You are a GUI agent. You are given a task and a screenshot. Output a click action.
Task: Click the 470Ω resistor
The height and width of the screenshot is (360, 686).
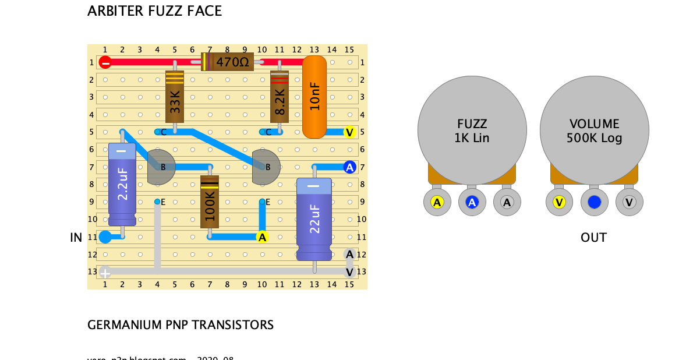pos(228,62)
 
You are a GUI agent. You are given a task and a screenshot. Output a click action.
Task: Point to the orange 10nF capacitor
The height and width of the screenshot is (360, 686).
pos(314,97)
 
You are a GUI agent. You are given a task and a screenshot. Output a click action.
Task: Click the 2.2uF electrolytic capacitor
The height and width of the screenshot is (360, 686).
pos(122,184)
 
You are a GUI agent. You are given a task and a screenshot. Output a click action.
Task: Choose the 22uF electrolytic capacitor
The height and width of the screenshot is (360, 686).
pos(314,219)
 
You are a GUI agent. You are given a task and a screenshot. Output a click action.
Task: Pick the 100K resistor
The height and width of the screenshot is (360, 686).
pos(210,202)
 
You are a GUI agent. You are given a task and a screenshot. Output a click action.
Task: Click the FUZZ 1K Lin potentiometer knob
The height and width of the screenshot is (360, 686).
pos(472,131)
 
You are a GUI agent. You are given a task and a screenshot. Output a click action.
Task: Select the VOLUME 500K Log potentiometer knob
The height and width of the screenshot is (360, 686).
pos(594,131)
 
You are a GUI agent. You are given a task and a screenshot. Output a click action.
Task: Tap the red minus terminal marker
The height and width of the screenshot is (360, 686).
pos(105,62)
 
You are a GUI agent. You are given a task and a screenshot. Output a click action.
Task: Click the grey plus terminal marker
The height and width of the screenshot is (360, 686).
pos(105,271)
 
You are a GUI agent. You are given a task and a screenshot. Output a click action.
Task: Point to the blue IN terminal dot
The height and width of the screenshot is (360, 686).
pos(105,237)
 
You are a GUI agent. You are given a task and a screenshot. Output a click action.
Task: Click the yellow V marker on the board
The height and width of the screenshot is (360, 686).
pos(349,132)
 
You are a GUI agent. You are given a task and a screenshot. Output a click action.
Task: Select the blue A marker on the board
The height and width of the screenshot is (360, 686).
pos(349,167)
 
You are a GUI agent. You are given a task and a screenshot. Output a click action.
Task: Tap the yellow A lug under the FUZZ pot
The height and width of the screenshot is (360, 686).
pos(437,202)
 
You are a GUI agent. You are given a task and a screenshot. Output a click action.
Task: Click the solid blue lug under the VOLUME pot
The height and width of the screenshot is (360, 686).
pos(594,202)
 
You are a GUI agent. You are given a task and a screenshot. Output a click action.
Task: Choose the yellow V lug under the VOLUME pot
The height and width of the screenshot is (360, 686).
pos(559,202)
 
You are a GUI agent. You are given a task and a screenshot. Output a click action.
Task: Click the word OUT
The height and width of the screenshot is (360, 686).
pos(593,238)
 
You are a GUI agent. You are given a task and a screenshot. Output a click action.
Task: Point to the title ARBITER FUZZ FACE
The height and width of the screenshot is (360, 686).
pos(154,11)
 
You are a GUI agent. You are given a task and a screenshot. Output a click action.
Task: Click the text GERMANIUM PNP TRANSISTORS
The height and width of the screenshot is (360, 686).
pos(181,325)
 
